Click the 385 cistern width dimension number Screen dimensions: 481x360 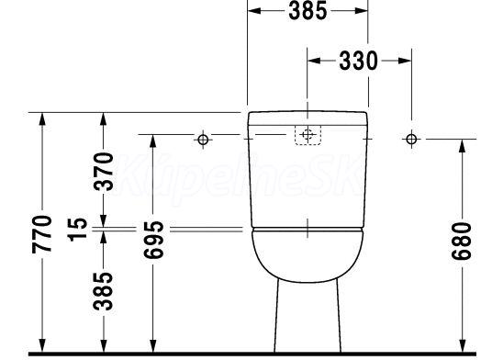308,10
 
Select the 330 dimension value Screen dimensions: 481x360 359,61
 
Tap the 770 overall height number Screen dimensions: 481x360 42,234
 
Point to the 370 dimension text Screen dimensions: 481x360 104,171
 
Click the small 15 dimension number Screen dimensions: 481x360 77,230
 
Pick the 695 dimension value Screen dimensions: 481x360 154,240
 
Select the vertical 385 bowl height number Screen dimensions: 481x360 104,291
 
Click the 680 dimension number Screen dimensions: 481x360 461,242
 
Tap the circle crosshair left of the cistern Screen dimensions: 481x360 203,140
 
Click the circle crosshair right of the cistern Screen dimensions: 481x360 411,139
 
